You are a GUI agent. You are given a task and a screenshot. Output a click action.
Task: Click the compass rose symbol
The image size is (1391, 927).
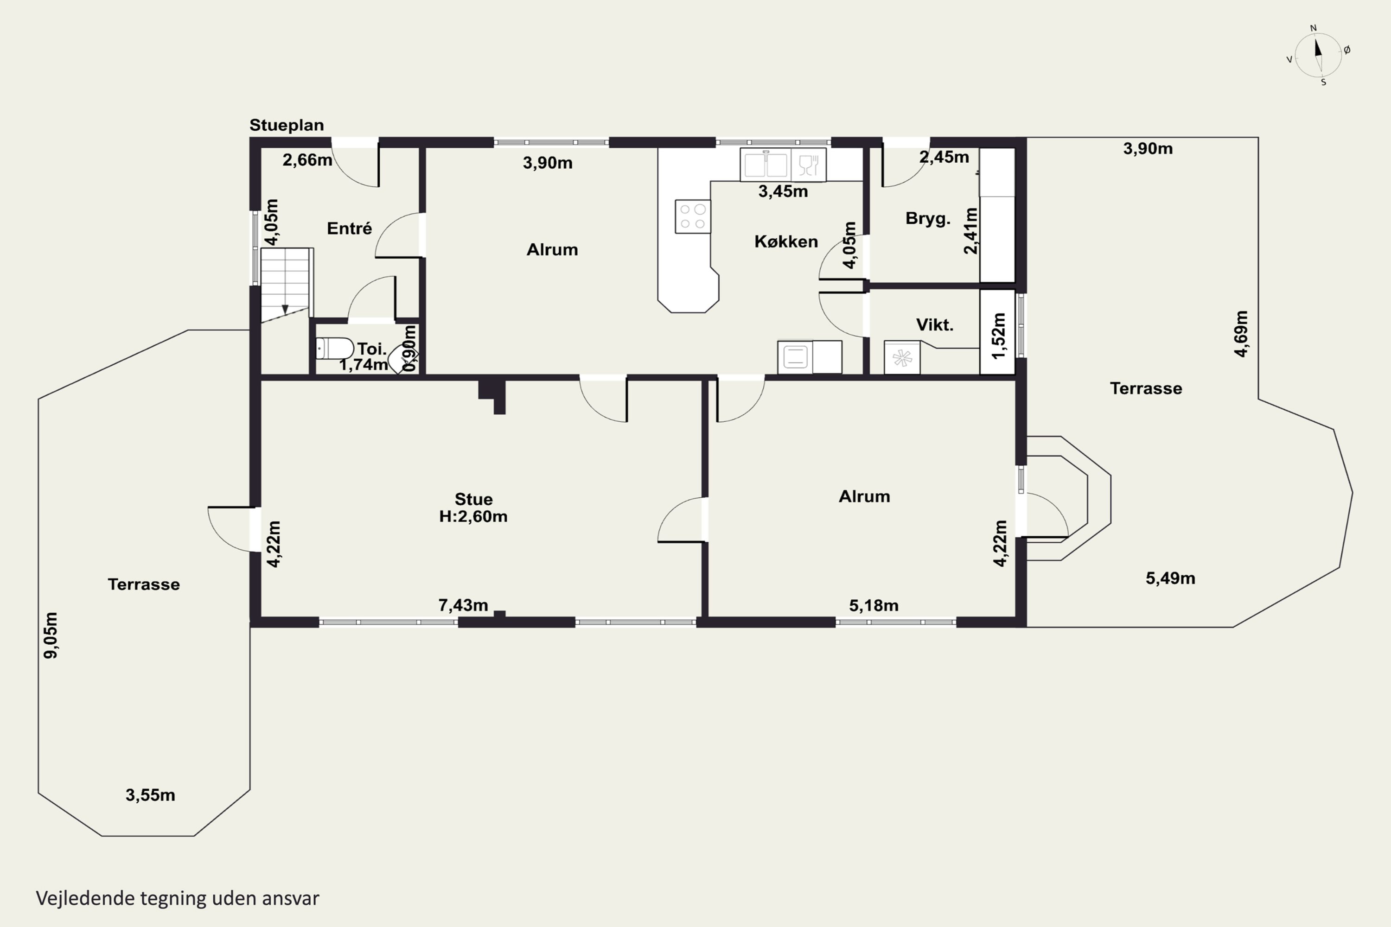[x=1318, y=55]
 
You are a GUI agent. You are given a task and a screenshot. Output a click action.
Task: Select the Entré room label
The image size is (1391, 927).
[x=350, y=228]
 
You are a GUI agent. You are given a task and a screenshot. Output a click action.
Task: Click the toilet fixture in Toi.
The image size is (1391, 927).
[x=334, y=348]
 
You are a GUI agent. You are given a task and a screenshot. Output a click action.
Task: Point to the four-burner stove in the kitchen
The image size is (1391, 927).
[x=693, y=216]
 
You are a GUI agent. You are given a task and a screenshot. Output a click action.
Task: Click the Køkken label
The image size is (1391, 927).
[x=786, y=241]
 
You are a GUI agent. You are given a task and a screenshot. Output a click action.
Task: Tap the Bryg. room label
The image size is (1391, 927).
[x=927, y=219]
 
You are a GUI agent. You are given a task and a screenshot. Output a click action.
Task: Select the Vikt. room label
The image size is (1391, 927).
[x=934, y=324]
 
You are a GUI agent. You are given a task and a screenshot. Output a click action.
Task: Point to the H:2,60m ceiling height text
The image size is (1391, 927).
[x=473, y=516]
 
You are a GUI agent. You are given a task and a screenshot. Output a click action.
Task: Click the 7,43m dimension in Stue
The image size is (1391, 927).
[x=463, y=605]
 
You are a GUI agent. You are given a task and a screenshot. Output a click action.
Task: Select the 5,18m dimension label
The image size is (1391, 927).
[x=874, y=605]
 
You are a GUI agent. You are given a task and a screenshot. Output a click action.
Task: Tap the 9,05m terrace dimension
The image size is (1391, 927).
[x=51, y=635]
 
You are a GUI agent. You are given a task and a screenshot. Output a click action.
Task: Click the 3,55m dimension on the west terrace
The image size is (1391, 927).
[x=150, y=795]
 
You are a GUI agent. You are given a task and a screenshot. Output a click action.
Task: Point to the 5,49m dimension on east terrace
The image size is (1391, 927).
[x=1170, y=578]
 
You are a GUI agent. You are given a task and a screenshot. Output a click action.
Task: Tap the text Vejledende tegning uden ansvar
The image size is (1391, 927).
[x=178, y=898]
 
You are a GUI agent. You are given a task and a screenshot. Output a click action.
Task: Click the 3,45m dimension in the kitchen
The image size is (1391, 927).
[x=783, y=191]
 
